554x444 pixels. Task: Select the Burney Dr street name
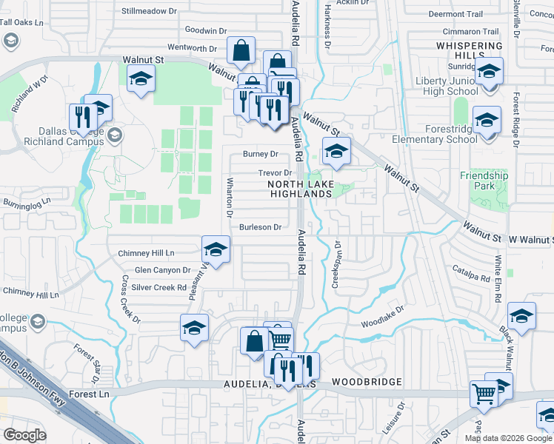[x=261, y=155]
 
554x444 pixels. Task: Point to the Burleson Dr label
[x=261, y=227]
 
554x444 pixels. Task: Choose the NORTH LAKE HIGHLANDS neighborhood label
[x=300, y=189]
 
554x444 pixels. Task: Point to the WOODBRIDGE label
[x=367, y=382]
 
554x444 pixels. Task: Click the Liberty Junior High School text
[x=451, y=86]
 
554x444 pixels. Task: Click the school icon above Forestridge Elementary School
[x=487, y=120]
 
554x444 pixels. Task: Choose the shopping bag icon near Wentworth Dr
[x=241, y=50]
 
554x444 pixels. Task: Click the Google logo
[x=24, y=435]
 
